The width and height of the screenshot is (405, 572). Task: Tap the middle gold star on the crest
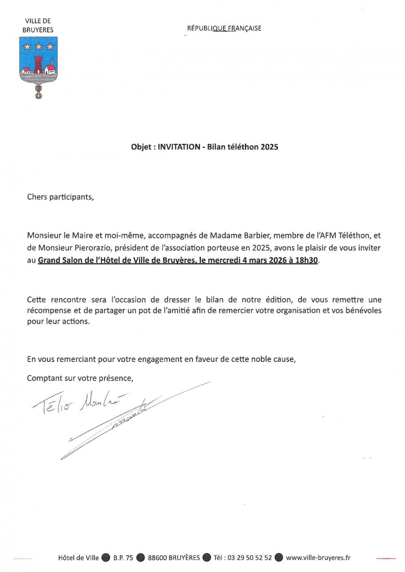click(x=39, y=47)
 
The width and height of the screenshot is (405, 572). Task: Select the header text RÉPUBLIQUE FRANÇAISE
click(x=224, y=28)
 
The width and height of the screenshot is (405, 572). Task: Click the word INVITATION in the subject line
click(x=179, y=147)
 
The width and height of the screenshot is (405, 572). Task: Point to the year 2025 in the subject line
click(x=269, y=147)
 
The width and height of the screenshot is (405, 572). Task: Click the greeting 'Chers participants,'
click(x=60, y=197)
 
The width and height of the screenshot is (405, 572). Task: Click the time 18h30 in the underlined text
click(x=307, y=260)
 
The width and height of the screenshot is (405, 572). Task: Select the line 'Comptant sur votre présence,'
click(x=80, y=378)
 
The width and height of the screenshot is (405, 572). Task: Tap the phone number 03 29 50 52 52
click(x=249, y=557)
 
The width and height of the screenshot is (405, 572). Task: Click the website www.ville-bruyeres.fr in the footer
click(x=318, y=557)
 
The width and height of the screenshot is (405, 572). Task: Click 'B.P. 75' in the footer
click(x=123, y=557)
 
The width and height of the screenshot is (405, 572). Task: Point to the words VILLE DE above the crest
click(x=38, y=21)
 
